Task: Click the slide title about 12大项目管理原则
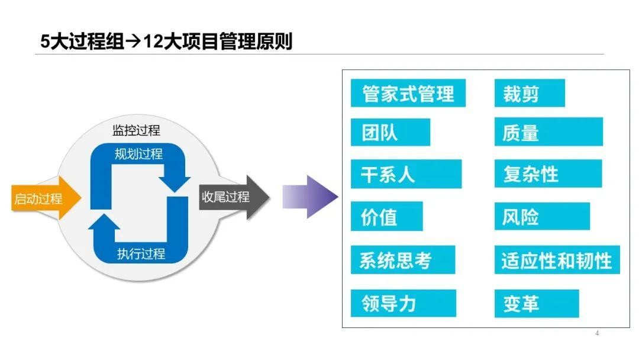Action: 166,42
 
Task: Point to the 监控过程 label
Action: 136,130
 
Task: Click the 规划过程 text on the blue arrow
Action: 139,155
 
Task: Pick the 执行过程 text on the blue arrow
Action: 141,255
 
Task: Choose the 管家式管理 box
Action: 408,93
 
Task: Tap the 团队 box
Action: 390,132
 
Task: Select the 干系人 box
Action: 405,174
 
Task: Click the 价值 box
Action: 386,217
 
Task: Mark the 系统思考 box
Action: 402,260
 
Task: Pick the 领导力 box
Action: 403,303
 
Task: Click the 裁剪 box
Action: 529,93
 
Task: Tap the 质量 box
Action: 548,132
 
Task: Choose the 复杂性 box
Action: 547,174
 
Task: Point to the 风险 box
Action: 541,217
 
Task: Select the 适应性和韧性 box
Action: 556,260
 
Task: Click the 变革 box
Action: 536,303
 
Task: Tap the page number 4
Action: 597,333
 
